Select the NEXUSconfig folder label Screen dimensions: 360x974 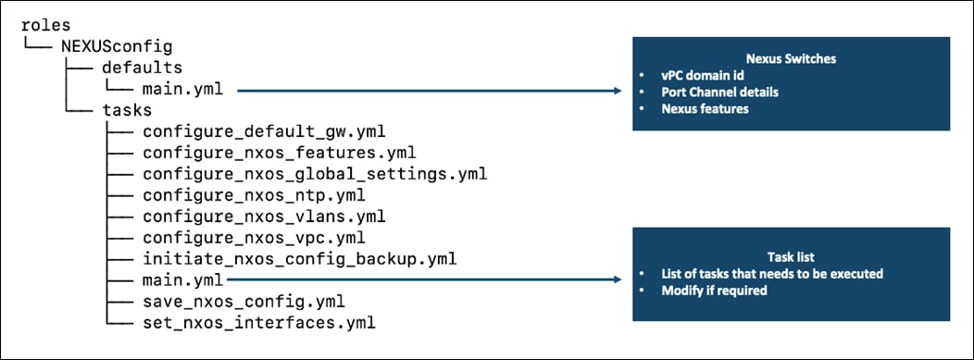(116, 46)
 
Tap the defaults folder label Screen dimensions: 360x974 (142, 68)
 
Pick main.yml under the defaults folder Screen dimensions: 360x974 (188, 90)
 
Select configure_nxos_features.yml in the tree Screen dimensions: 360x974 (279, 153)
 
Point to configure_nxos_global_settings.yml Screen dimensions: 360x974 (315, 174)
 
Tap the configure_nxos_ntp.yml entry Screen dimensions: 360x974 (254, 195)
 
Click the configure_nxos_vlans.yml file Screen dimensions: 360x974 (264, 217)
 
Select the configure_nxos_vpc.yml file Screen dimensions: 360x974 (254, 237)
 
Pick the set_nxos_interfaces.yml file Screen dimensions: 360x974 (259, 322)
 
